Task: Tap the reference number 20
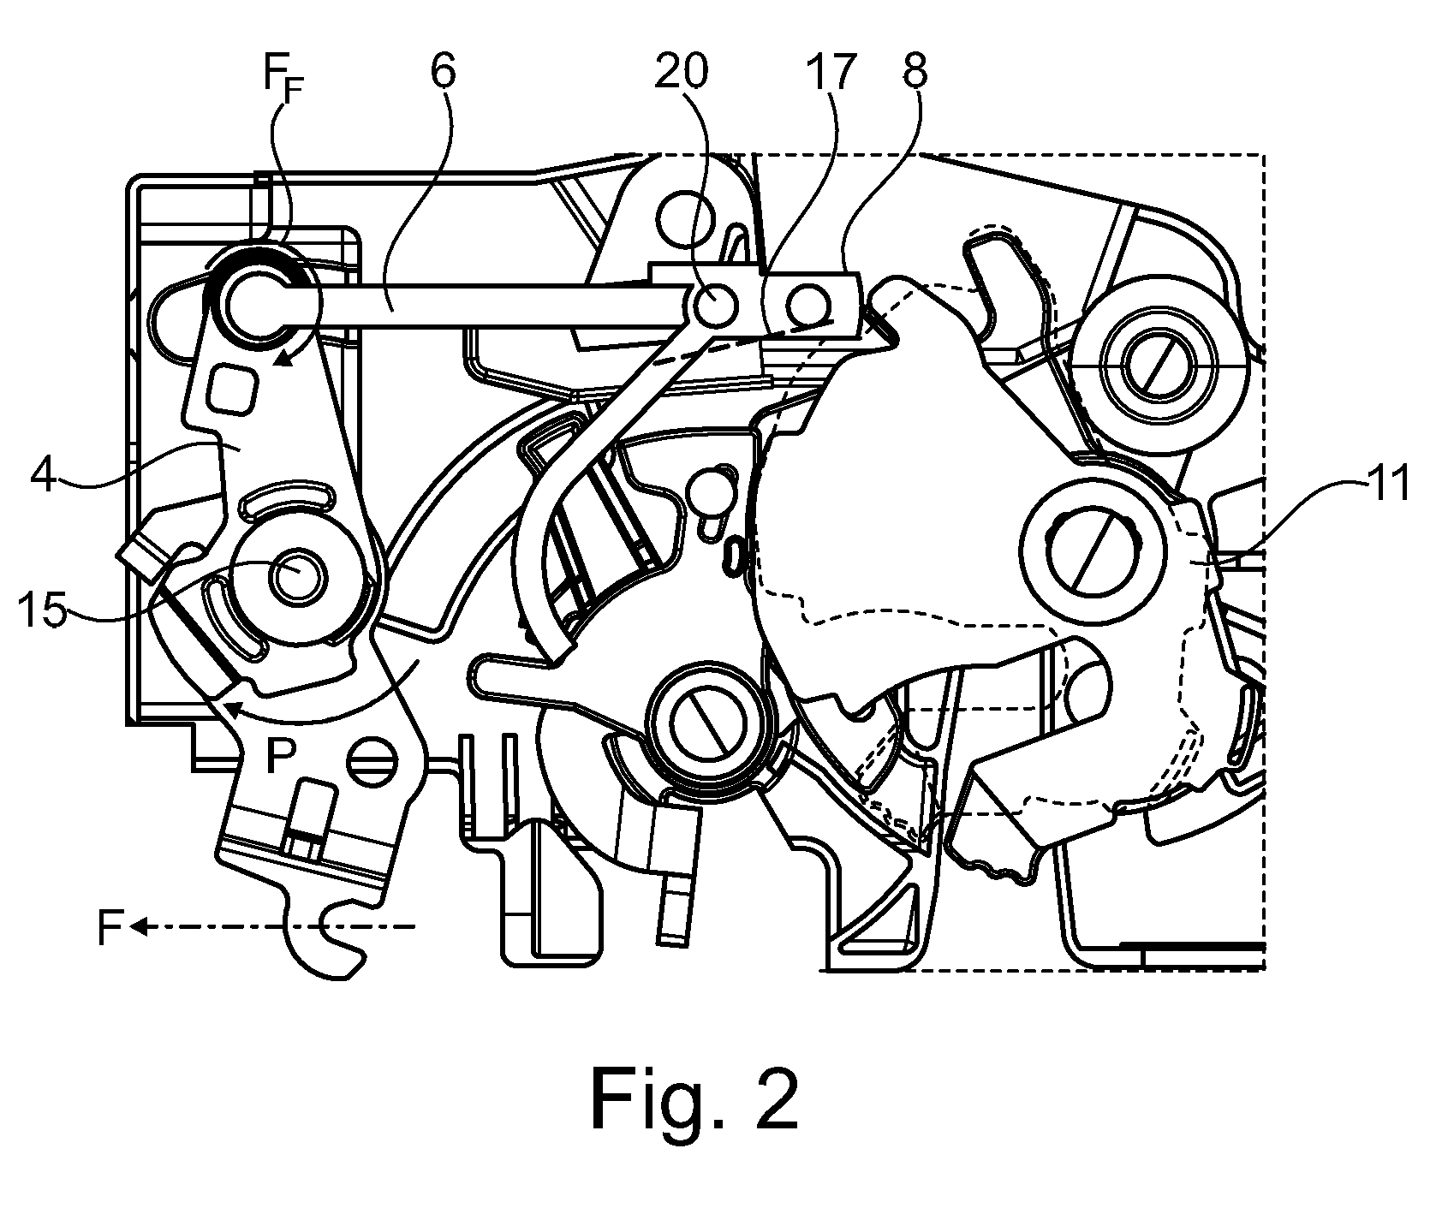coord(682,73)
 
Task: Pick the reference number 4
coord(45,477)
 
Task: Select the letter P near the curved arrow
coord(280,757)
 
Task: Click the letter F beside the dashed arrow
coord(109,928)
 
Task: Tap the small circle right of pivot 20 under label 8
coord(809,303)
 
